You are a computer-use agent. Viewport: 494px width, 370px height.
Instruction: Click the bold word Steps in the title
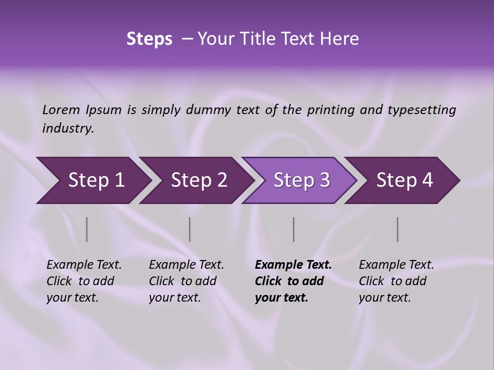click(149, 39)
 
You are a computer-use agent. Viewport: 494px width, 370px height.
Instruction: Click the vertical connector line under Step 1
click(87, 229)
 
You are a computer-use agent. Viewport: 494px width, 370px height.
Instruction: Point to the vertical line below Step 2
click(190, 229)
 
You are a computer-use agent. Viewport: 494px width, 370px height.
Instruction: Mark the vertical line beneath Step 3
click(294, 229)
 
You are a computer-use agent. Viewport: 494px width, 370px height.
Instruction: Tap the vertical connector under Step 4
click(398, 229)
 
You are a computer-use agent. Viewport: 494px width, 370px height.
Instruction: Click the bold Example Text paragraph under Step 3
click(293, 281)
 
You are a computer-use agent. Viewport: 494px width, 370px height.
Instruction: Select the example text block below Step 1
click(84, 281)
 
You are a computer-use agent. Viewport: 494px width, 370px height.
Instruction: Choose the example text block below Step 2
click(186, 281)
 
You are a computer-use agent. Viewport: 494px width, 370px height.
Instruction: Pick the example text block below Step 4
click(396, 281)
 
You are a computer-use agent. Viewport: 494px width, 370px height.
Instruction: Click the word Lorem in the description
click(61, 110)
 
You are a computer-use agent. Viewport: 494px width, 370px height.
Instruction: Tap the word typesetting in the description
click(426, 110)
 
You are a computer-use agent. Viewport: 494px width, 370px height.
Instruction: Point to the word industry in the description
click(68, 128)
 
